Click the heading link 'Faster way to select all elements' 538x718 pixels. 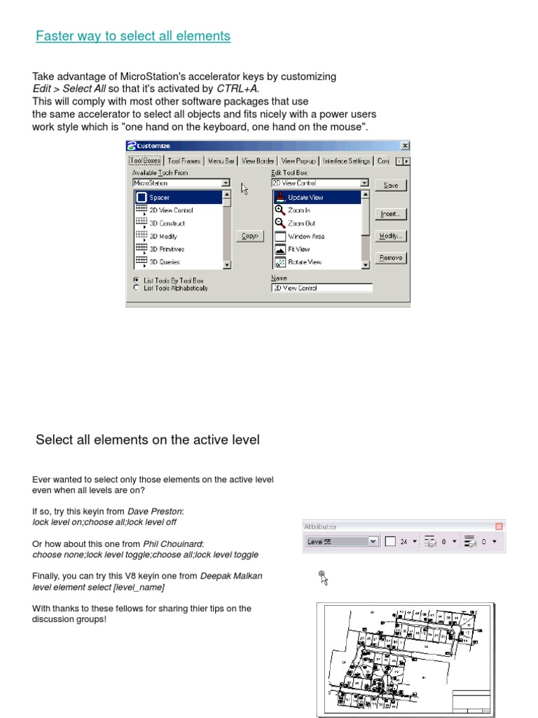(133, 36)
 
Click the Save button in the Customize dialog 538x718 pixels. (391, 185)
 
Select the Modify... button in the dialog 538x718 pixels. (391, 236)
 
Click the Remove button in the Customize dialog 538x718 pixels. (391, 257)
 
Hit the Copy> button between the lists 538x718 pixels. (250, 236)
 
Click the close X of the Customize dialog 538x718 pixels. (404, 145)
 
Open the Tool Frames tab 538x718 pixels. (184, 161)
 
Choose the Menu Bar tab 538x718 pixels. (221, 161)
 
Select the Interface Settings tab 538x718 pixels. (346, 161)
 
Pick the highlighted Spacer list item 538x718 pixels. (179, 198)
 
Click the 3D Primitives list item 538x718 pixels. (167, 249)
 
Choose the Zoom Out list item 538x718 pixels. (302, 223)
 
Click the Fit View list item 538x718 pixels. (299, 249)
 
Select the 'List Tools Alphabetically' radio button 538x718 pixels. (137, 287)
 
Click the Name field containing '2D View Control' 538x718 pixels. (322, 287)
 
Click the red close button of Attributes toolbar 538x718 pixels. (499, 527)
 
